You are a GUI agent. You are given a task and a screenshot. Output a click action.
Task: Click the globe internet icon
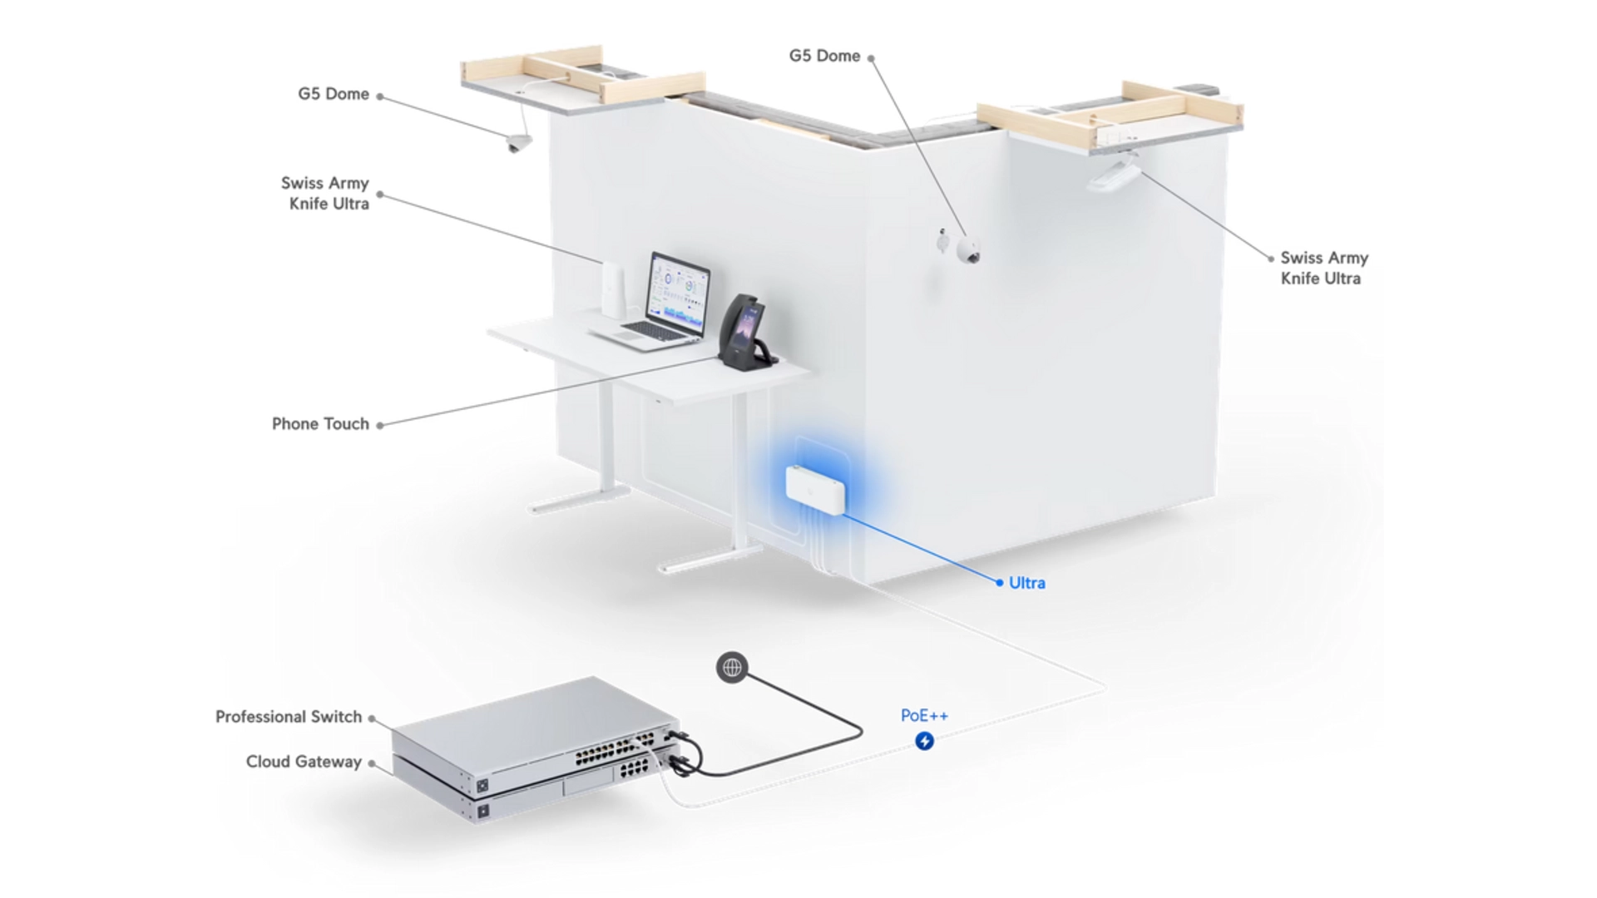[x=732, y=667]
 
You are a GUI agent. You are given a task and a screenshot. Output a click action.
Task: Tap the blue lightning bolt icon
[x=924, y=741]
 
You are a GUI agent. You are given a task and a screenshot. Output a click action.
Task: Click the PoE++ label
[x=924, y=715]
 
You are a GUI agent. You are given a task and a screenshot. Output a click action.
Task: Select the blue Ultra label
[x=1026, y=583]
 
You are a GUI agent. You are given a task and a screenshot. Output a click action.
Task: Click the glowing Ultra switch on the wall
[x=815, y=491]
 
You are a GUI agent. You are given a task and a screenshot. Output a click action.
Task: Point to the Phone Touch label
[x=320, y=424]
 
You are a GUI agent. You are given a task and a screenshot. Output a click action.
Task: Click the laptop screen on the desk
[x=679, y=290]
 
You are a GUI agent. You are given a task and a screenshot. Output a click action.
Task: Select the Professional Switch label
[x=289, y=717]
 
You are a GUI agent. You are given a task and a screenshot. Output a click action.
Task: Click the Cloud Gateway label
[x=304, y=762]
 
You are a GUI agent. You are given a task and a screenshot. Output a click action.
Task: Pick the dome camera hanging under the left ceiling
[x=519, y=144]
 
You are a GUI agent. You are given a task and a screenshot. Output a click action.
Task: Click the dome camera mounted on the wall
[x=968, y=251]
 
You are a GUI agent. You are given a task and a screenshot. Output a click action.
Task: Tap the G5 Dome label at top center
[x=824, y=56]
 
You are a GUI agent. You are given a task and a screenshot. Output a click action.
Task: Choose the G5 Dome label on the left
[x=334, y=94]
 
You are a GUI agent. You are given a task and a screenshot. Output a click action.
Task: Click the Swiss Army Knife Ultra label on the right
[x=1323, y=268]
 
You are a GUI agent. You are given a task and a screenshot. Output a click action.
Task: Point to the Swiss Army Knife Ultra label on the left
[x=325, y=193]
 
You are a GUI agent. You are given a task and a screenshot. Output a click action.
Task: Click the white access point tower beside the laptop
[x=613, y=289]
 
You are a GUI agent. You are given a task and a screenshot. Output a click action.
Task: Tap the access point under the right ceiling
[x=1113, y=175]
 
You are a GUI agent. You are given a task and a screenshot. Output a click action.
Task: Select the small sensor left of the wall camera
[x=942, y=242]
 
